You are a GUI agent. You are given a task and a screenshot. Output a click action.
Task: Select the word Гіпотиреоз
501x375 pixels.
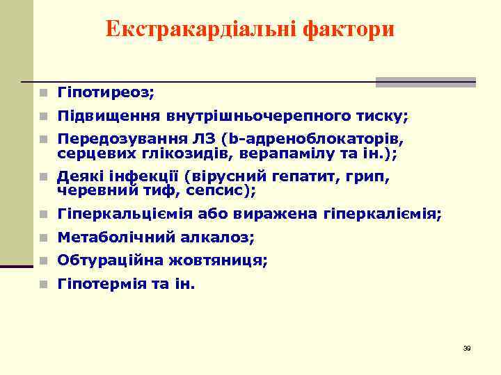tap(105, 92)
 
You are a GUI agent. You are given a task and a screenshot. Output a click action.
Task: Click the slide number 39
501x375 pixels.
tap(467, 348)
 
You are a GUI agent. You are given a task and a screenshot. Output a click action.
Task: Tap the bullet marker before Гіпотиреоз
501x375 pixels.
tap(43, 92)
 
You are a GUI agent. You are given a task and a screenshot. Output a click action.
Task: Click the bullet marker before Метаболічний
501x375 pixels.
tap(43, 238)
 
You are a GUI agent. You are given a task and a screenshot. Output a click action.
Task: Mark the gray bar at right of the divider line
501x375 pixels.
tap(426, 82)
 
